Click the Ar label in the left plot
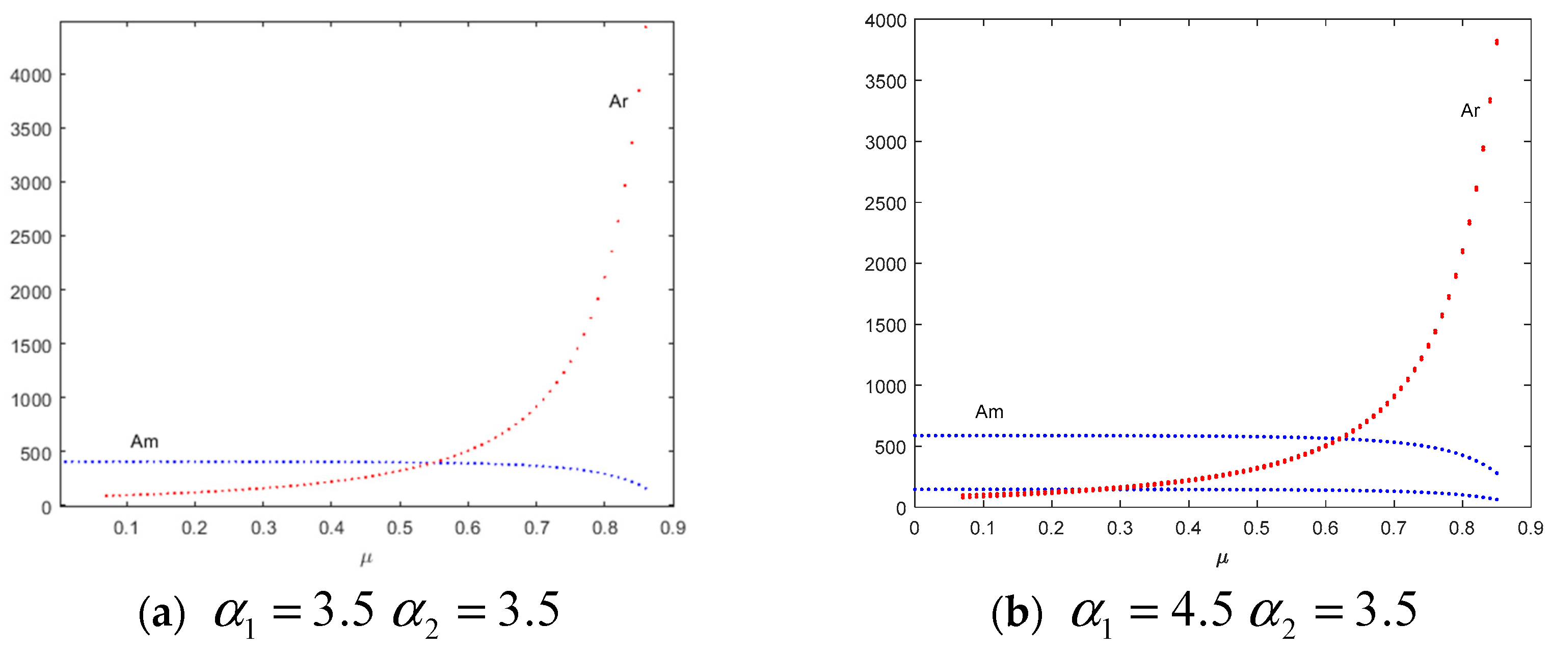click(619, 101)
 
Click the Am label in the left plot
click(145, 441)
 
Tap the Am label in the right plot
click(989, 412)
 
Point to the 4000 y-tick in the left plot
click(31, 75)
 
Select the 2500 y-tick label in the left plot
click(31, 237)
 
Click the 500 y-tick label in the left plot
click(36, 453)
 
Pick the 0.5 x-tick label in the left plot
click(400, 528)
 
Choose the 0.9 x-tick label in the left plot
click(673, 528)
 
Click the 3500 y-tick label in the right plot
click(885, 82)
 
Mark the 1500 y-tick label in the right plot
click(885, 325)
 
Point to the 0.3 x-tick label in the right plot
click(1119, 528)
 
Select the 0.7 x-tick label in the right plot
click(1393, 528)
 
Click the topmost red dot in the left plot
click(646, 27)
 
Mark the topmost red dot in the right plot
click(1497, 42)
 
